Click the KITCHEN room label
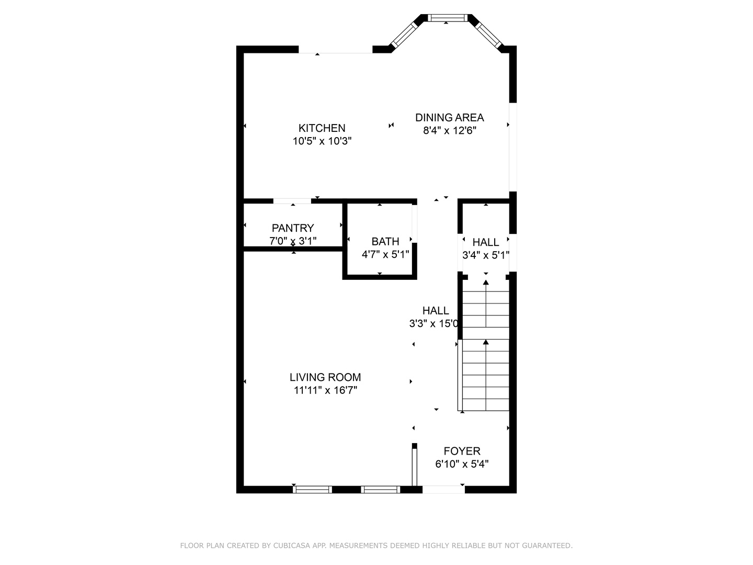pos(322,128)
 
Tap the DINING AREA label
pos(449,117)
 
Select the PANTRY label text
pos(293,228)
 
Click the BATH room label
pos(385,242)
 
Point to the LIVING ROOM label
pos(325,377)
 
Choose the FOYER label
pos(462,451)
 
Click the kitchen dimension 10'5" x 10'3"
pos(322,141)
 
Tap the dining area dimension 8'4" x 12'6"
pos(449,130)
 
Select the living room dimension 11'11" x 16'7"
pos(325,390)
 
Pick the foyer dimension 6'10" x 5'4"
pos(462,464)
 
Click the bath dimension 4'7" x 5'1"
pos(385,255)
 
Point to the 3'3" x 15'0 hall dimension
pos(433,323)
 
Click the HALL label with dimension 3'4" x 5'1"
pos(485,242)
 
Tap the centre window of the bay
pos(447,18)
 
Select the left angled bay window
pos(404,35)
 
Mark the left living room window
pos(312,490)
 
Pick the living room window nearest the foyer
pos(381,490)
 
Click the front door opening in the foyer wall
pos(443,490)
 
